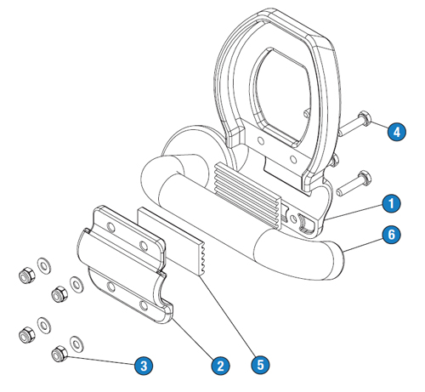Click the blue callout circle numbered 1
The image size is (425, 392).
coord(391,203)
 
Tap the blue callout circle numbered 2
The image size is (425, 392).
coord(220,366)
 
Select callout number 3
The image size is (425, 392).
coord(144,366)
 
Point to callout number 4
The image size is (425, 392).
coord(397,132)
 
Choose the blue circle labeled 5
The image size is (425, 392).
coord(260,365)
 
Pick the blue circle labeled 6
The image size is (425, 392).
coord(391,235)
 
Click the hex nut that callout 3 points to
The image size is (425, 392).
coord(59,354)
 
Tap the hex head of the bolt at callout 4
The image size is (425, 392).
coord(364,119)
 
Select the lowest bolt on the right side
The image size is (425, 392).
coord(354,183)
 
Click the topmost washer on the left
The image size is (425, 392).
coord(44,266)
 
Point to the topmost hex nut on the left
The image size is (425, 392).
coord(26,275)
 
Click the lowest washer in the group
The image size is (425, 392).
coord(76,344)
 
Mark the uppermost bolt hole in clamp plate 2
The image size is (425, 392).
coord(110,227)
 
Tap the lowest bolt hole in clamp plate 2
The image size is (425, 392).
coord(144,305)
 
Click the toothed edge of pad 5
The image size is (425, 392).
coord(201,258)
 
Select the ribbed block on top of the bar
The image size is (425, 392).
coord(248,195)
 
